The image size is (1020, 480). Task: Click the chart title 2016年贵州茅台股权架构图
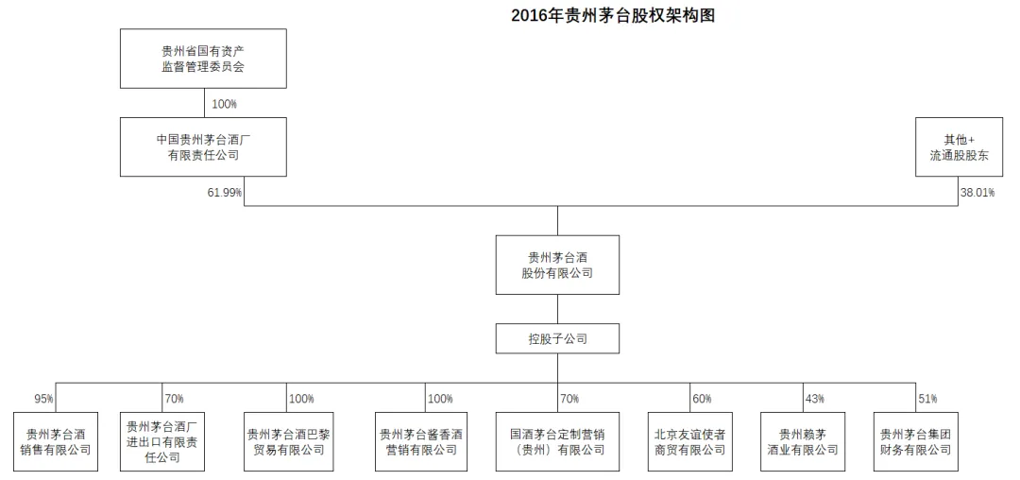click(x=613, y=16)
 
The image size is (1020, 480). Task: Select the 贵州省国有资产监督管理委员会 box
click(x=203, y=59)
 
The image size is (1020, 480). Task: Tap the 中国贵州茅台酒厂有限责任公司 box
click(x=203, y=147)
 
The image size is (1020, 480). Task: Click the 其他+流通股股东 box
click(x=958, y=147)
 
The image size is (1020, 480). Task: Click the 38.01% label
click(x=977, y=193)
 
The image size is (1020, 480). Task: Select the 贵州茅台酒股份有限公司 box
click(x=557, y=265)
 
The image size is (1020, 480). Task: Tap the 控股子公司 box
click(x=557, y=338)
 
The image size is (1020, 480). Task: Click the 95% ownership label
click(x=44, y=399)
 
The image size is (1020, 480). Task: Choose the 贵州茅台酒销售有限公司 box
click(x=56, y=441)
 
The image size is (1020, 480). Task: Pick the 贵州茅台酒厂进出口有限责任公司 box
click(x=162, y=441)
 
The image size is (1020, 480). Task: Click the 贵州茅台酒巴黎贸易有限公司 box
click(x=288, y=441)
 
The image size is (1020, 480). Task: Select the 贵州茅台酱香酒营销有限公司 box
click(x=420, y=441)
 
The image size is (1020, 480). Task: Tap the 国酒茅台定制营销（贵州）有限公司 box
click(x=557, y=441)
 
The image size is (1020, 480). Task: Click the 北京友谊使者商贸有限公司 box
click(x=690, y=441)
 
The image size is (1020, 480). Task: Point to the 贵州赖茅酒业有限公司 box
click(x=803, y=441)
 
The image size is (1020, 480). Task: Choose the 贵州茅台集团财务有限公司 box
click(x=915, y=441)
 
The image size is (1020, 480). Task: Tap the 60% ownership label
click(x=702, y=399)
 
